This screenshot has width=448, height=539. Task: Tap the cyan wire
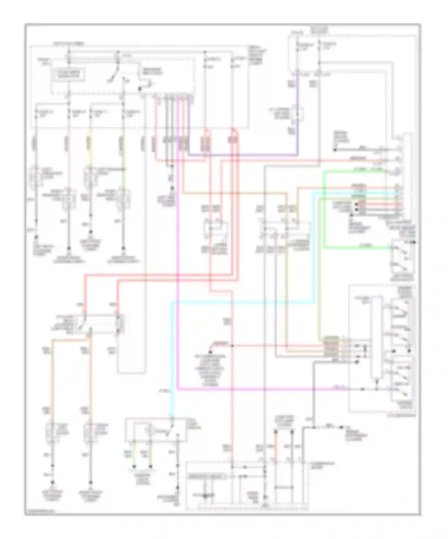point(239,303)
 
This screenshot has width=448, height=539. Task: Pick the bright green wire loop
point(325,209)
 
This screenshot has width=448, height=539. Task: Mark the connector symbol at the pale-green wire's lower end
point(123,195)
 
